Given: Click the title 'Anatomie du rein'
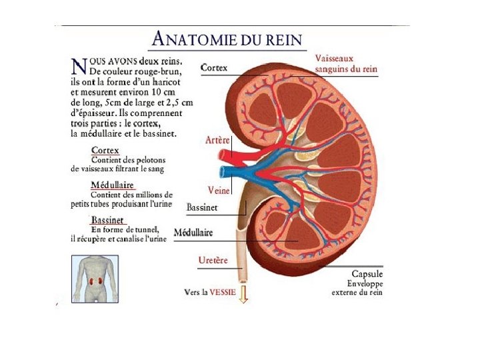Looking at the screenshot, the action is point(227,39).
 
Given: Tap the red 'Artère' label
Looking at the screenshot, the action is point(218,141).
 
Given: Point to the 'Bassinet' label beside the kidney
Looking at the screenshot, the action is point(202,208).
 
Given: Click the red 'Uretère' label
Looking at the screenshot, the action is point(214,260).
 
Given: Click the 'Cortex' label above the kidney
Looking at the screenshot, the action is point(214,68).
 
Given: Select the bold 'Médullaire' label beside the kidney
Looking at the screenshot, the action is point(193,233).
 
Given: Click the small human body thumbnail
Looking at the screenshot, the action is point(95,279).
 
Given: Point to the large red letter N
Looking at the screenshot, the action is point(79,65).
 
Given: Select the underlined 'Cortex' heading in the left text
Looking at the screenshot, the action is point(105,151).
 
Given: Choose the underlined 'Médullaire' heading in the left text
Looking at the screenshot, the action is point(112,185).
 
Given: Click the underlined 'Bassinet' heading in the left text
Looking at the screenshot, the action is point(108,219).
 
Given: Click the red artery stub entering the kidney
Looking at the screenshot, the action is point(227,156).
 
